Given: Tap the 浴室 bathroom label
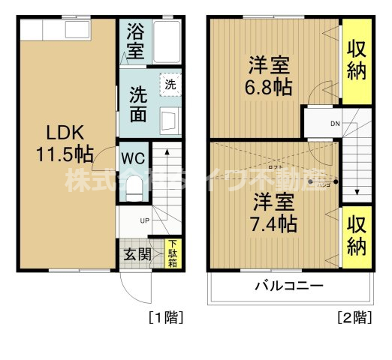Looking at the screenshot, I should click(134, 43).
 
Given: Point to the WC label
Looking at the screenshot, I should click(133, 159).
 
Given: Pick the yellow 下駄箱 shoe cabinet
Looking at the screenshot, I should click(173, 253).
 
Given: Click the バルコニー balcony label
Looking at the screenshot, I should click(288, 286).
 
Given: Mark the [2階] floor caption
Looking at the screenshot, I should click(354, 317).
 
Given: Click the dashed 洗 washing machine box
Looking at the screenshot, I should click(170, 85).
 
